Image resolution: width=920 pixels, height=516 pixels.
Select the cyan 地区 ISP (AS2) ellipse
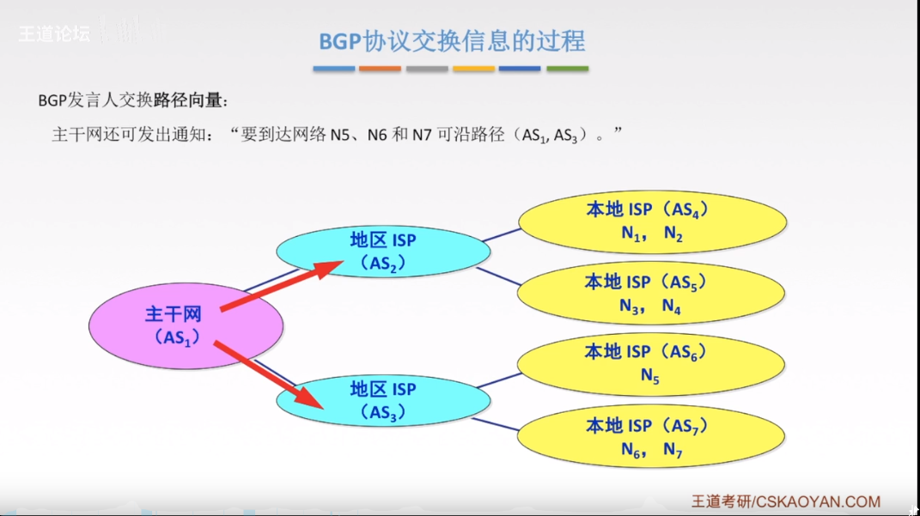tap(383, 251)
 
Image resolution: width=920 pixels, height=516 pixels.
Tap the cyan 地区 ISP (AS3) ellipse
tap(383, 401)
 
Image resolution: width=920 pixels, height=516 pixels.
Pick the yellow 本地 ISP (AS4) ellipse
tap(651, 222)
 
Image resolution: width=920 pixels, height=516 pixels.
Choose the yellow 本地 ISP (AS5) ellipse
tap(650, 294)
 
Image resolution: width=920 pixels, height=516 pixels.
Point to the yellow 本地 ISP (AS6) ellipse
tap(650, 363)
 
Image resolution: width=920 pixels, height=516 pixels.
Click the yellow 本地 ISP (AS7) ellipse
tap(650, 437)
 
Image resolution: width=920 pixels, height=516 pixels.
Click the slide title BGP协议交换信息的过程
tap(452, 41)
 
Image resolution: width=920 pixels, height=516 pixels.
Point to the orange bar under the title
tap(380, 69)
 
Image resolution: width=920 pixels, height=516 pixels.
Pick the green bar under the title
tap(568, 69)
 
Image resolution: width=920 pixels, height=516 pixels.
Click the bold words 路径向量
tap(190, 101)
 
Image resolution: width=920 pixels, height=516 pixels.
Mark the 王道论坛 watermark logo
tap(53, 35)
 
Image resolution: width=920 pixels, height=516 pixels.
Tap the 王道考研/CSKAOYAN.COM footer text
tap(785, 501)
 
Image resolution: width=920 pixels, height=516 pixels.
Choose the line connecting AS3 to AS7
tap(504, 423)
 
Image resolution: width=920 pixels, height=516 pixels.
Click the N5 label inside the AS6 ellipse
tap(649, 376)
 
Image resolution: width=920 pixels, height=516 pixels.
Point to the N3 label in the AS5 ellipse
tap(631, 306)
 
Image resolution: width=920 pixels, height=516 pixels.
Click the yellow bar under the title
tap(474, 69)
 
